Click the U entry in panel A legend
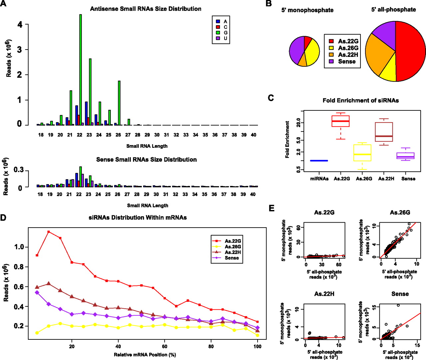pos(222,38)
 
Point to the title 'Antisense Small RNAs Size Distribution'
pos(145,9)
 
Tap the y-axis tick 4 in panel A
pos(20,25)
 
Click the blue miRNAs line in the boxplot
pos(319,161)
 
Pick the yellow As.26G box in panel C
pos(362,153)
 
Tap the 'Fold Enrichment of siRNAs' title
pos(360,100)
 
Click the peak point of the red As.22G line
pos(49,232)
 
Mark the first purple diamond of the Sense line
pos(37,292)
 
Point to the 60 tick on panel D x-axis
pos(165,346)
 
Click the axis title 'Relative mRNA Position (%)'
pos(145,355)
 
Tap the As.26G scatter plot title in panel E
pos(400,213)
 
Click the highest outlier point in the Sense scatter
pos(398,305)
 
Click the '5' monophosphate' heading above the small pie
pos(307,10)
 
